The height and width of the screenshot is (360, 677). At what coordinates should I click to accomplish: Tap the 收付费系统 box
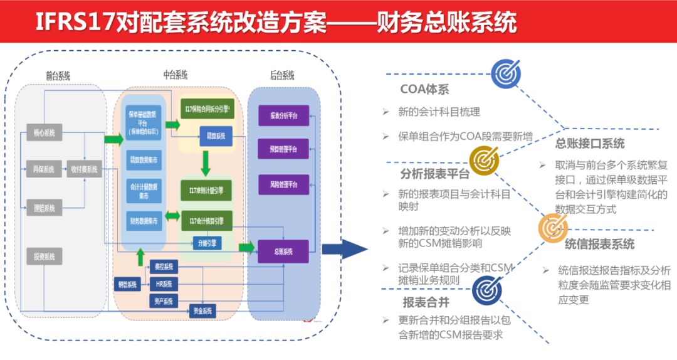coord(84,169)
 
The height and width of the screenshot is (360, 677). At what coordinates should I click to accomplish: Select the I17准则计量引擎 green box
coord(206,191)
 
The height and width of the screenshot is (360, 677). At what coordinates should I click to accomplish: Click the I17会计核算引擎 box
coord(206,221)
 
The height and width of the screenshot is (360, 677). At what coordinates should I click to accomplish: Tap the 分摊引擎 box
coord(207,243)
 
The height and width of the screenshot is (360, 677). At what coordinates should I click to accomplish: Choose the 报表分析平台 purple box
coord(283,116)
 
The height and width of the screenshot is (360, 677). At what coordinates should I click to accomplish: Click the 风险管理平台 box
coord(283,185)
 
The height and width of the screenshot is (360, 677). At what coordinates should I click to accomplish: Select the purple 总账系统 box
coord(283,251)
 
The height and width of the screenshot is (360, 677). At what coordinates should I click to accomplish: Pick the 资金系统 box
coord(204,310)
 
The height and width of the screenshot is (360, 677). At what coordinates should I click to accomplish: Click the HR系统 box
coord(164,284)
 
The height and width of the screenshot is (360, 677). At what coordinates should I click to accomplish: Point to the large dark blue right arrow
coord(344,249)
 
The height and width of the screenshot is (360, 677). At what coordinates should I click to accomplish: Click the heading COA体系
coord(425,90)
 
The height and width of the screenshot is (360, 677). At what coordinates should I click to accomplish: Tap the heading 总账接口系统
coord(590,144)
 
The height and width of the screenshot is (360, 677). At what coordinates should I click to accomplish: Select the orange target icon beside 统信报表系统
coord(553,228)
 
